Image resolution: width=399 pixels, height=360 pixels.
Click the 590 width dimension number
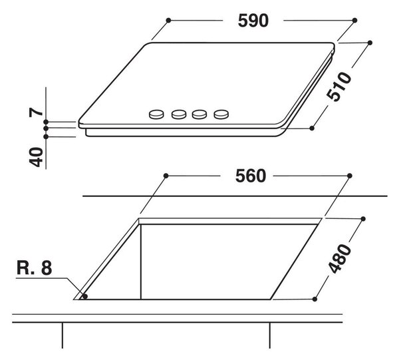(253, 21)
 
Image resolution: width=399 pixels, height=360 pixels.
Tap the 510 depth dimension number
(338, 87)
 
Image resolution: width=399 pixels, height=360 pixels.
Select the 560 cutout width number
(251, 176)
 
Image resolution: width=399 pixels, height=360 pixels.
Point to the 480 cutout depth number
(339, 259)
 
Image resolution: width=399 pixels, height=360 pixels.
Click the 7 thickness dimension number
(36, 112)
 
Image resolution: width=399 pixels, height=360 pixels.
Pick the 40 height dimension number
(36, 157)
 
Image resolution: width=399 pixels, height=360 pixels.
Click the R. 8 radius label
(35, 268)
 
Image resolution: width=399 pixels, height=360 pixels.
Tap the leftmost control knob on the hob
(156, 114)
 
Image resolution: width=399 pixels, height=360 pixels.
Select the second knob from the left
(179, 114)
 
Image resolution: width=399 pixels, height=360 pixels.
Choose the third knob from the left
(199, 114)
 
